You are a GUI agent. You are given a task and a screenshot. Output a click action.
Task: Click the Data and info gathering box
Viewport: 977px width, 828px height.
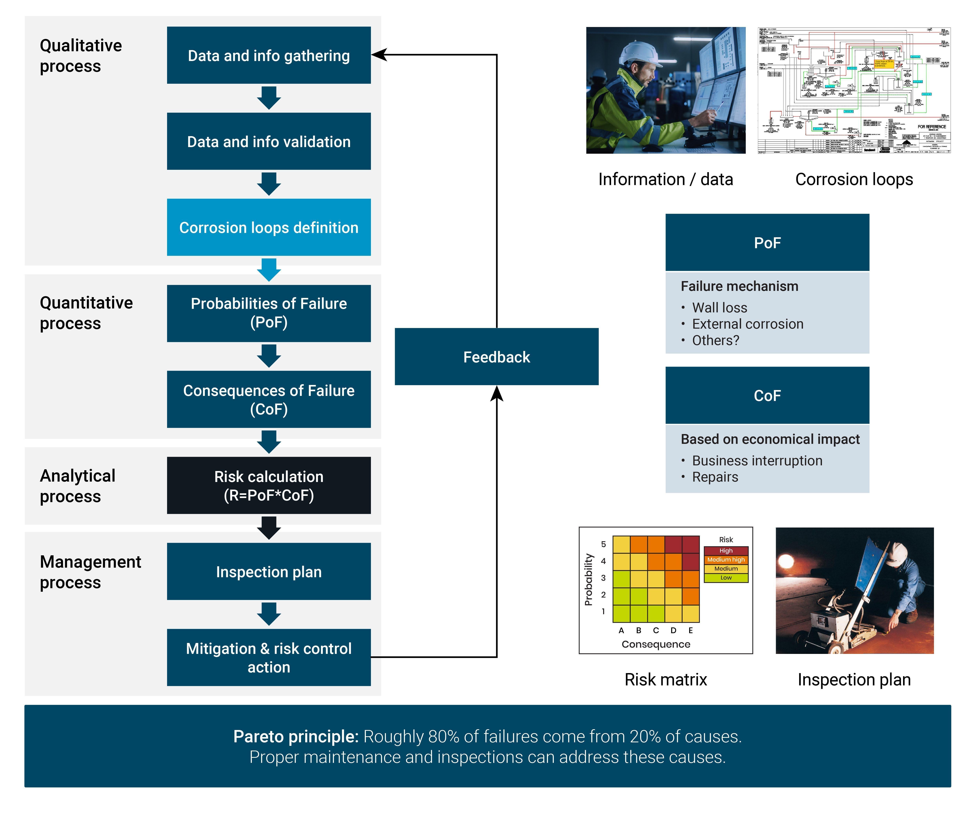[269, 55]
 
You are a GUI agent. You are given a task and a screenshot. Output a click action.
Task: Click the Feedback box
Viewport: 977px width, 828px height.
[496, 357]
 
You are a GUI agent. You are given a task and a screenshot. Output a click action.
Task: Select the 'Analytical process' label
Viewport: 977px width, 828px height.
[77, 486]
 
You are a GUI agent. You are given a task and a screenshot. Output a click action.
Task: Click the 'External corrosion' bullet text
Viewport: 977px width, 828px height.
[747, 324]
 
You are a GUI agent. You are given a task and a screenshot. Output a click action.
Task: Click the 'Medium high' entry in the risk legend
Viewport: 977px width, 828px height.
[726, 559]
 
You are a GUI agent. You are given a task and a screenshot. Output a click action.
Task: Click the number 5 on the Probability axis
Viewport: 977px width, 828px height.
[603, 544]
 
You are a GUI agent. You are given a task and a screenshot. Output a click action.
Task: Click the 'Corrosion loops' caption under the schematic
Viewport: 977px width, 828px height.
[854, 179]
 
